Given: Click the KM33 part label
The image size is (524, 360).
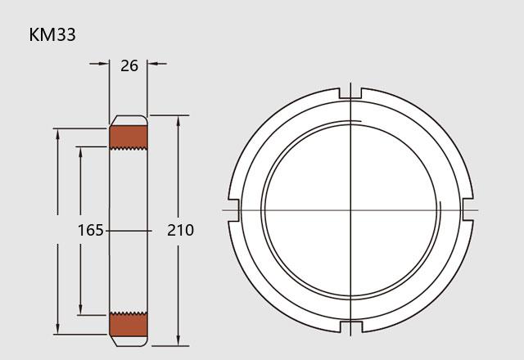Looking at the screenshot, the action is pos(52,34).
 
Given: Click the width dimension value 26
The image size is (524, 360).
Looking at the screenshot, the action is pos(129,65).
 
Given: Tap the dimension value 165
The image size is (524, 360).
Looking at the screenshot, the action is pos(91,231).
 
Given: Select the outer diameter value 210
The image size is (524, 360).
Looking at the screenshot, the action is pos(180,231).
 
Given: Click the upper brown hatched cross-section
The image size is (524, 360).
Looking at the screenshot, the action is pos(129,137).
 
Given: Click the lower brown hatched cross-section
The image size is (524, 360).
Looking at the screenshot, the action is pos(129,324).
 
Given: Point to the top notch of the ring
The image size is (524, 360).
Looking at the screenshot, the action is pos(350,93).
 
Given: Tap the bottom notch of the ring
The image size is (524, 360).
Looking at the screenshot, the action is pos(350,326).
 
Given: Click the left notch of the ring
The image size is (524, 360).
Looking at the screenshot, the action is pos(234,210).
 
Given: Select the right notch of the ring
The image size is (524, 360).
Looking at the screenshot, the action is pos(468,210).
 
